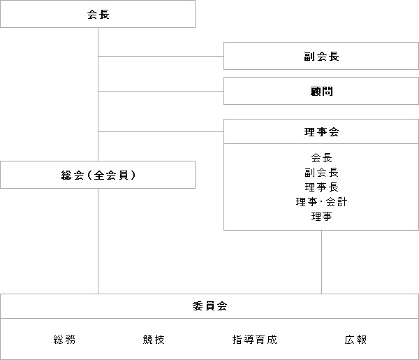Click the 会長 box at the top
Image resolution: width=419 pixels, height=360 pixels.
pyautogui.click(x=98, y=14)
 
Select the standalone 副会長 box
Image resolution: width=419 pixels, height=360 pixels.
pyautogui.click(x=321, y=56)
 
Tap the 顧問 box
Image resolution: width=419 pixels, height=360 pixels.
pyautogui.click(x=321, y=91)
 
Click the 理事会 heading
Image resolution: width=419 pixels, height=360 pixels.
pyautogui.click(x=321, y=132)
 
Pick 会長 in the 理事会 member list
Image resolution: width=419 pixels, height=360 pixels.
pyautogui.click(x=321, y=158)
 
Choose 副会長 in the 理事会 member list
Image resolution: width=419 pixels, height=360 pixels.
pyautogui.click(x=321, y=173)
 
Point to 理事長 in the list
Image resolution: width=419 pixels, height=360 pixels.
pyautogui.click(x=321, y=187)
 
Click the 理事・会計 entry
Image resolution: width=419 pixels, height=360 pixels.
pyautogui.click(x=321, y=201)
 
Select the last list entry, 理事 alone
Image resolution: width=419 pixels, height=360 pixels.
pyautogui.click(x=321, y=217)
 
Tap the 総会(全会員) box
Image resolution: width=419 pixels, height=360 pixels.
pyautogui.click(x=98, y=175)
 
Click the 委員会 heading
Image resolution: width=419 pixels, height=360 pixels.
pyautogui.click(x=209, y=306)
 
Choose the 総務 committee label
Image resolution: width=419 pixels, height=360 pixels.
pyautogui.click(x=64, y=340)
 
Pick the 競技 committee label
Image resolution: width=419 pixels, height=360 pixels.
pyautogui.click(x=154, y=340)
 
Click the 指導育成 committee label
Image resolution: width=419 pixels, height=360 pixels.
pyautogui.click(x=255, y=340)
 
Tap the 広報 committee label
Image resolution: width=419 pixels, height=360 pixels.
pyautogui.click(x=355, y=340)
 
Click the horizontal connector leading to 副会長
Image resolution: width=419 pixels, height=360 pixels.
pyautogui.click(x=161, y=56)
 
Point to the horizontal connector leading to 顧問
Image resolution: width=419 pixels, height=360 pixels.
pyautogui.click(x=161, y=91)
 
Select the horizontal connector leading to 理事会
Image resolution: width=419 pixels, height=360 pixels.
pyautogui.click(x=161, y=131)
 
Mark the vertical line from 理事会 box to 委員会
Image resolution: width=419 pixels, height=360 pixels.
pyautogui.click(x=321, y=262)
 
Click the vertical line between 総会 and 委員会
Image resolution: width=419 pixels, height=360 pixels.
pyautogui.click(x=98, y=241)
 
